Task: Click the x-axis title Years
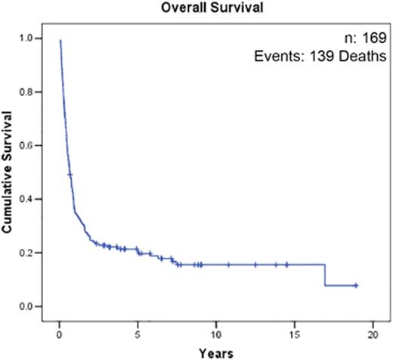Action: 215,352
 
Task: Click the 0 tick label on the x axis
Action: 59,333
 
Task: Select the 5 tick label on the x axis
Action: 137,333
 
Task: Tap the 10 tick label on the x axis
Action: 215,333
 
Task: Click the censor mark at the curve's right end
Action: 355,285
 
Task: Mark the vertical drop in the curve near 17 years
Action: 325,275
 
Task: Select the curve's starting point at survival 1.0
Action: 60,41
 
